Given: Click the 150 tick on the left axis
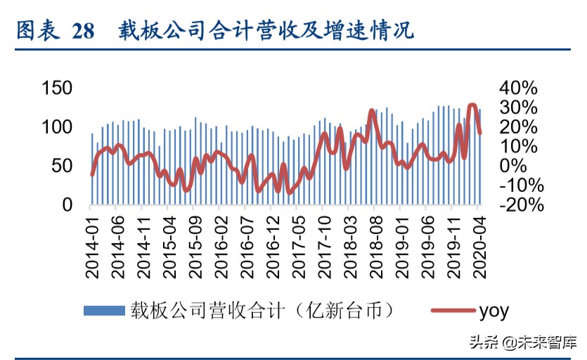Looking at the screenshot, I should point(58,88).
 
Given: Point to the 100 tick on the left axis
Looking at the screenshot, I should point(58,127).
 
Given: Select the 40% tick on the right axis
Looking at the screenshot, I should point(519,88).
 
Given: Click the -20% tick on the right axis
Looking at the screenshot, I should point(522,205).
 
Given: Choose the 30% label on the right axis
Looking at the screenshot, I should point(519,108).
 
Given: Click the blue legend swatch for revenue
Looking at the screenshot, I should point(104,310).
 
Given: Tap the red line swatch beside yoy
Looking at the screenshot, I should point(451,310).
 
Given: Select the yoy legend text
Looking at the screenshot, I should point(494,311).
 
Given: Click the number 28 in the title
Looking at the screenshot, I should point(83,32).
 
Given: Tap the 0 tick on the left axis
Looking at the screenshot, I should point(67,205).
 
